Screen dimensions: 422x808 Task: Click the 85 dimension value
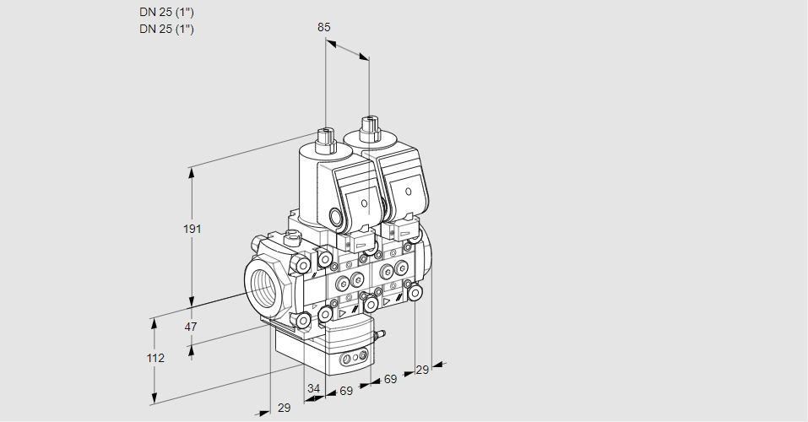pos(323,27)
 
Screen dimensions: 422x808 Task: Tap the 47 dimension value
pos(191,327)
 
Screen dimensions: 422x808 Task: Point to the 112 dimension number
pos(155,358)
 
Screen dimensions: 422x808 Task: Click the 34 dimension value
pos(314,388)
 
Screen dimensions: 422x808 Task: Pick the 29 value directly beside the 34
pos(284,408)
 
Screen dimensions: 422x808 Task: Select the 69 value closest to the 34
pos(346,392)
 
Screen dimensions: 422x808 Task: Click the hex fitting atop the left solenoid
pos(325,136)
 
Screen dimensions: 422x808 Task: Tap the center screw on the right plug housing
pos(407,192)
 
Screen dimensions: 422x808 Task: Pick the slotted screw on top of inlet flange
pos(292,236)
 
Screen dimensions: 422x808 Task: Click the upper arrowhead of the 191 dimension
pos(192,172)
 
